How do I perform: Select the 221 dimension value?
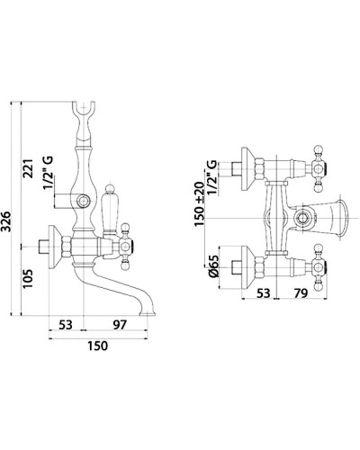(x=29, y=168)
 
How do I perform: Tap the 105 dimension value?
(x=29, y=279)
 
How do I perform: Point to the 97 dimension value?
(x=120, y=325)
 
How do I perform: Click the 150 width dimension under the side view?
(x=98, y=346)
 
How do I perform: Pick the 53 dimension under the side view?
(x=66, y=325)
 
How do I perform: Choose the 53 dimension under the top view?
(x=264, y=293)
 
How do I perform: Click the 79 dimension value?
(x=301, y=293)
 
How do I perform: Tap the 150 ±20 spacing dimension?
(x=199, y=204)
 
